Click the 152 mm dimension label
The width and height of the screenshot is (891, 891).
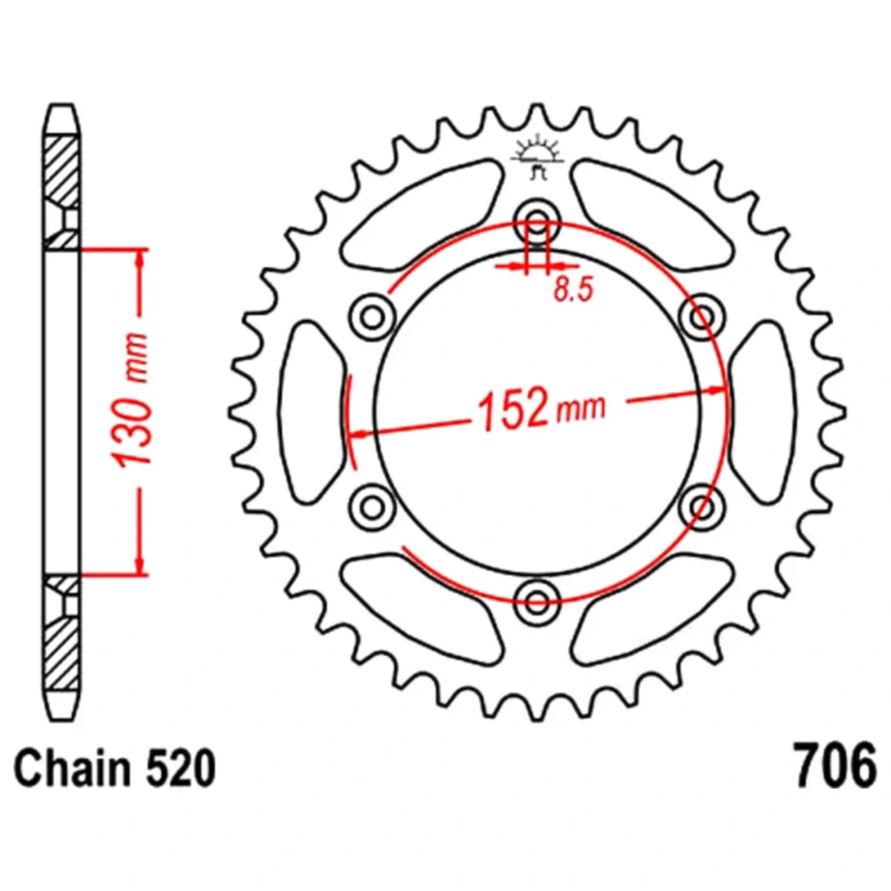coord(542,408)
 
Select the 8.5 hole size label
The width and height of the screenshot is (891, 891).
coord(573,289)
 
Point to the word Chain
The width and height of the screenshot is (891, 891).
coord(71,768)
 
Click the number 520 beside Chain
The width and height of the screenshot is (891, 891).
coord(181,768)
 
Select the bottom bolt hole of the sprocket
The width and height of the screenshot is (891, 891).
coord(537,601)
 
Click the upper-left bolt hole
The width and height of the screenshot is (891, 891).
coord(372,316)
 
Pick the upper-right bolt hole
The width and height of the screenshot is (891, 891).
coord(702,316)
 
